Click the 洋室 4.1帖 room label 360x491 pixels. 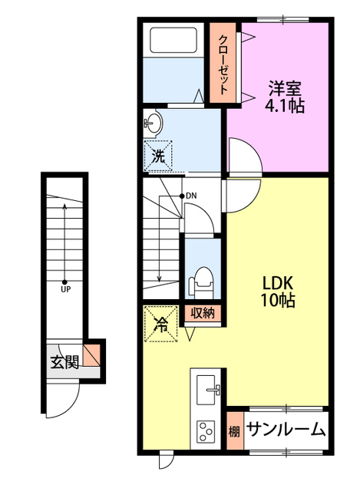[286, 95]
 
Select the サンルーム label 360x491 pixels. [286, 430]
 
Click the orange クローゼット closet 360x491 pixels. [224, 62]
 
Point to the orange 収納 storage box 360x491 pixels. [203, 312]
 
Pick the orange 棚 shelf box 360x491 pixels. [234, 430]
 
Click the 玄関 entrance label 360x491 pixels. [65, 363]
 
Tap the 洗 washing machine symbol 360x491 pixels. [157, 156]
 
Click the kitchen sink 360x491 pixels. [208, 389]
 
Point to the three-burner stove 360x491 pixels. [207, 430]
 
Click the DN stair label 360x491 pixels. [190, 196]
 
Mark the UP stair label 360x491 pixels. [65, 289]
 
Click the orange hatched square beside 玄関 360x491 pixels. [92, 355]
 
